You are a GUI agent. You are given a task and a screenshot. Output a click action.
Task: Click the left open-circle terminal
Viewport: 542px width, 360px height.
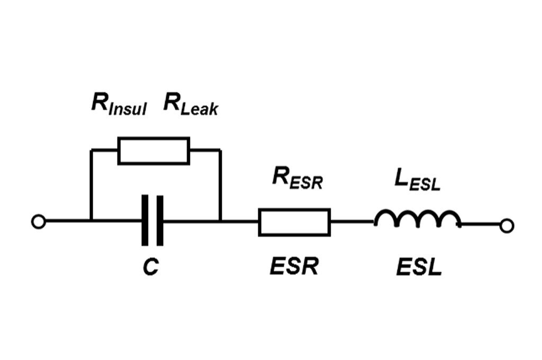(x=38, y=222)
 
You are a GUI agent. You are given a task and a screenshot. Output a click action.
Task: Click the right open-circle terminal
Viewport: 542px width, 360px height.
(x=507, y=226)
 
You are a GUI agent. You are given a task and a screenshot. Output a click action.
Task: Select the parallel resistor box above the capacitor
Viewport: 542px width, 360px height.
(x=153, y=151)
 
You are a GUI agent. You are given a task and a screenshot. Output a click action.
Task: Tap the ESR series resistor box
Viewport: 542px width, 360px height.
(x=294, y=222)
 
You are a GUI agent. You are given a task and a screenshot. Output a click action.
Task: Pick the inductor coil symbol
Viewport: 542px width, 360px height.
(x=417, y=219)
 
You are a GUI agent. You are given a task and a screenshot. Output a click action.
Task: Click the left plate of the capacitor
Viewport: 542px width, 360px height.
(x=145, y=221)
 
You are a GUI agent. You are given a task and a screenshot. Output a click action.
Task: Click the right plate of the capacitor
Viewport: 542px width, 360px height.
(x=160, y=221)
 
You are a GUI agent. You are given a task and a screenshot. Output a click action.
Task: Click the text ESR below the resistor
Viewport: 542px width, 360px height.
(x=294, y=267)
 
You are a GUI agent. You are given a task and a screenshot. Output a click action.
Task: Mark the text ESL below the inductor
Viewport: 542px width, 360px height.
(x=419, y=267)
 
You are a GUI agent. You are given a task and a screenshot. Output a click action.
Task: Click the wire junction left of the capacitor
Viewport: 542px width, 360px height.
(x=91, y=220)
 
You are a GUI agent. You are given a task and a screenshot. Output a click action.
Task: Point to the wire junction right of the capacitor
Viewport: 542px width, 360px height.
(x=220, y=220)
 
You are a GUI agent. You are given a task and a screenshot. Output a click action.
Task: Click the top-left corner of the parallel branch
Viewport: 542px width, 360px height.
(x=91, y=150)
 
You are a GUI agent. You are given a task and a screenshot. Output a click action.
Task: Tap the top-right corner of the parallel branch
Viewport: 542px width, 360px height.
(x=220, y=150)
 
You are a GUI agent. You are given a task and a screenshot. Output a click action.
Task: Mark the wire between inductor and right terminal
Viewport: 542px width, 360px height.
(x=479, y=226)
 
